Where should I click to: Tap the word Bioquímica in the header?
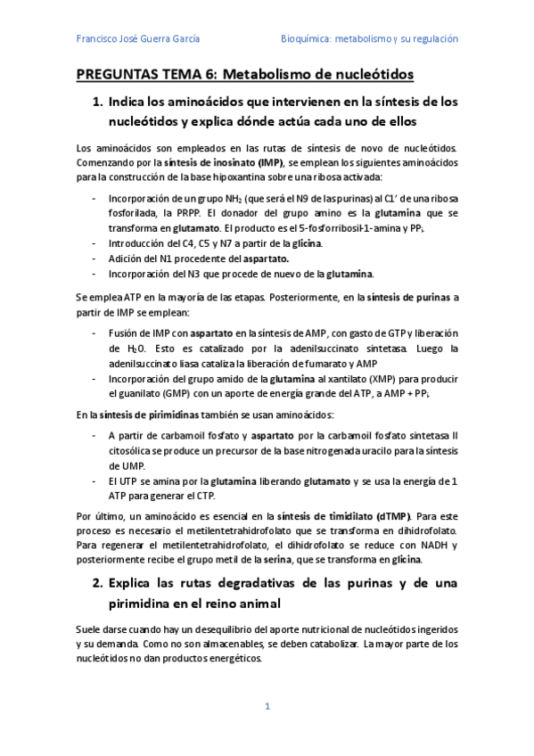tap(305, 39)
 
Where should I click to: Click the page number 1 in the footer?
tap(267, 707)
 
